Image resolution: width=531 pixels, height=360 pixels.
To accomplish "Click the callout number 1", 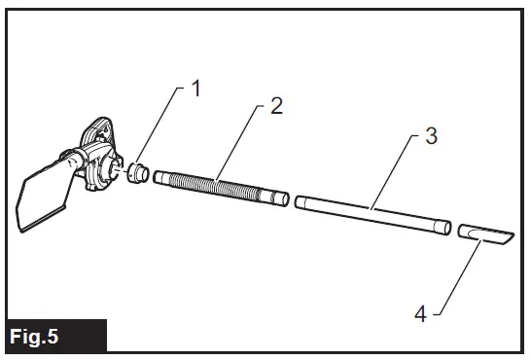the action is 195,90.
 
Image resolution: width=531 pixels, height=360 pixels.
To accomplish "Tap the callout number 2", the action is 276,106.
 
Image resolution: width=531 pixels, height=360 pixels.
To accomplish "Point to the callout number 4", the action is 421,314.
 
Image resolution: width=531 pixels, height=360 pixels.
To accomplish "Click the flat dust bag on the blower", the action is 45,199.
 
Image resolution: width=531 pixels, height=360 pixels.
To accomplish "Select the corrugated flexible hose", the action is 219,187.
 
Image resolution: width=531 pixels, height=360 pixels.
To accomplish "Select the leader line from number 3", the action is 399,170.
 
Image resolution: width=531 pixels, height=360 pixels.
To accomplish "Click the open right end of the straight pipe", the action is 446,229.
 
